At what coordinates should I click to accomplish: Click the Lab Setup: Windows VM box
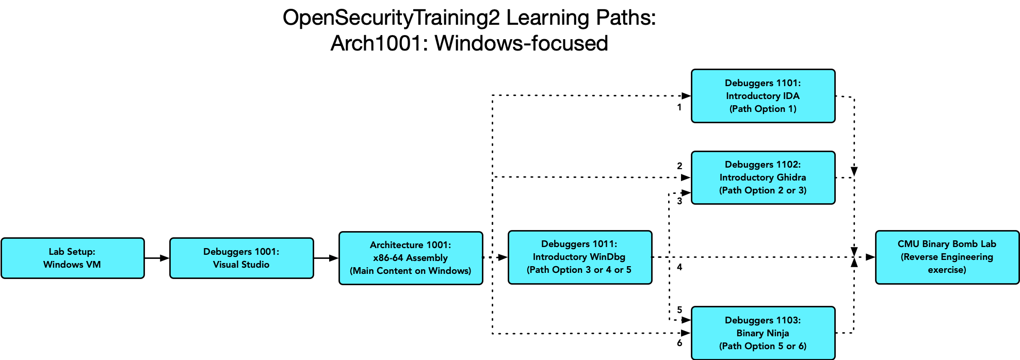coord(73,258)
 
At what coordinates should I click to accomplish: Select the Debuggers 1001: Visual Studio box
coord(241,258)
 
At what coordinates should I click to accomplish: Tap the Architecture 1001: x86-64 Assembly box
coord(411,258)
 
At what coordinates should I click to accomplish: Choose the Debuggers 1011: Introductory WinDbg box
coord(580,257)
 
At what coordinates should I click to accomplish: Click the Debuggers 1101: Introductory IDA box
coord(763,96)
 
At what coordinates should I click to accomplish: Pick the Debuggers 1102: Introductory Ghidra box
coord(763,177)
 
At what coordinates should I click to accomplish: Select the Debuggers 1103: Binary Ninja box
coord(763,333)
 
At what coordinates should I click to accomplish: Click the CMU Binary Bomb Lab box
coord(947,257)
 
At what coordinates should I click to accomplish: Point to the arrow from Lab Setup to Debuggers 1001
coord(157,258)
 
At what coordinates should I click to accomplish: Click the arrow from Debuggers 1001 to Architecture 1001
coord(326,258)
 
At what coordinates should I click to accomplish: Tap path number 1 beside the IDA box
coord(679,107)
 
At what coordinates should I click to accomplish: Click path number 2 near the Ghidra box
coord(679,166)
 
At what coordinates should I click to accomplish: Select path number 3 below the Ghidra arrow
coord(679,201)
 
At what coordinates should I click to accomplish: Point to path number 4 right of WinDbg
coord(679,267)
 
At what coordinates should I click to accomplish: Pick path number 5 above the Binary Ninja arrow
coord(679,310)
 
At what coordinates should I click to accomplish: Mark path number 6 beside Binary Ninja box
coord(679,343)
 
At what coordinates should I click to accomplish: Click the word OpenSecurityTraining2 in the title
coord(391,18)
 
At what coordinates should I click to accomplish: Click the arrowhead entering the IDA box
coord(686,95)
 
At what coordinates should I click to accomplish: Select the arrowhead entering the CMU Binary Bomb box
coord(870,257)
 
